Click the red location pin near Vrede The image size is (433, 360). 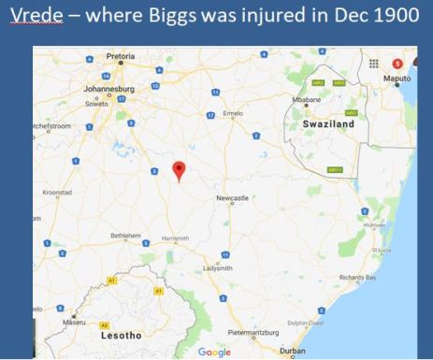coord(180,170)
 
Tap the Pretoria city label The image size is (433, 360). coord(121,56)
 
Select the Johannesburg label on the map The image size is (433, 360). coord(110,89)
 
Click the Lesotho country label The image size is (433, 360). coord(121,334)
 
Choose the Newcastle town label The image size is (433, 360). coord(232,199)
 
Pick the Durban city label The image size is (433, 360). coord(292,351)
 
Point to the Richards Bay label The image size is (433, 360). coord(357,277)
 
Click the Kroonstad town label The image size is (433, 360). coord(57,193)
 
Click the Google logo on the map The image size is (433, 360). coord(214,352)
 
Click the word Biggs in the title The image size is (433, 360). coord(166,20)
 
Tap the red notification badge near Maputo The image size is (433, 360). coord(397,63)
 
